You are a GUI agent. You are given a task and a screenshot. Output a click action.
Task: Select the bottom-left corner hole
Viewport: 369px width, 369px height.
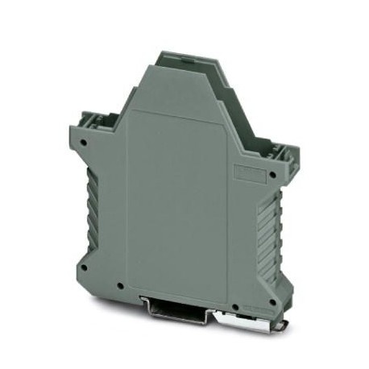click(x=83, y=265)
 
